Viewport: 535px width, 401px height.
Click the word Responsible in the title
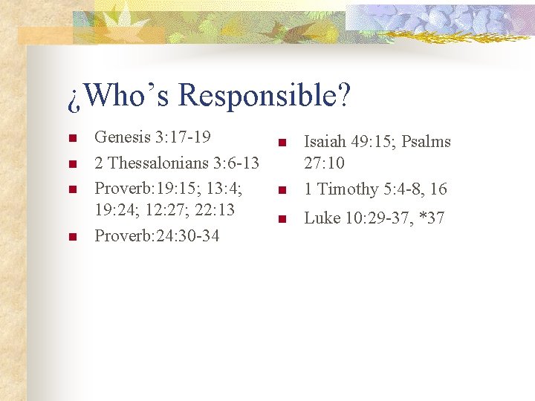click(x=265, y=97)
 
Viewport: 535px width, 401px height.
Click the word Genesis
click(x=122, y=137)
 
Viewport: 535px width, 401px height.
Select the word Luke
click(x=322, y=218)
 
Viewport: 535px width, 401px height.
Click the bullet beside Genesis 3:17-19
click(x=71, y=138)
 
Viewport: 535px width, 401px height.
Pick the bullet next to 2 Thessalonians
click(x=71, y=163)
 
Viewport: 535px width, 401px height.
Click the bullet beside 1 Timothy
click(x=282, y=191)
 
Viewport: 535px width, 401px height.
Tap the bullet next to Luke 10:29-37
click(x=282, y=219)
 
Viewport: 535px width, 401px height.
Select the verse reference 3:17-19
click(x=184, y=137)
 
